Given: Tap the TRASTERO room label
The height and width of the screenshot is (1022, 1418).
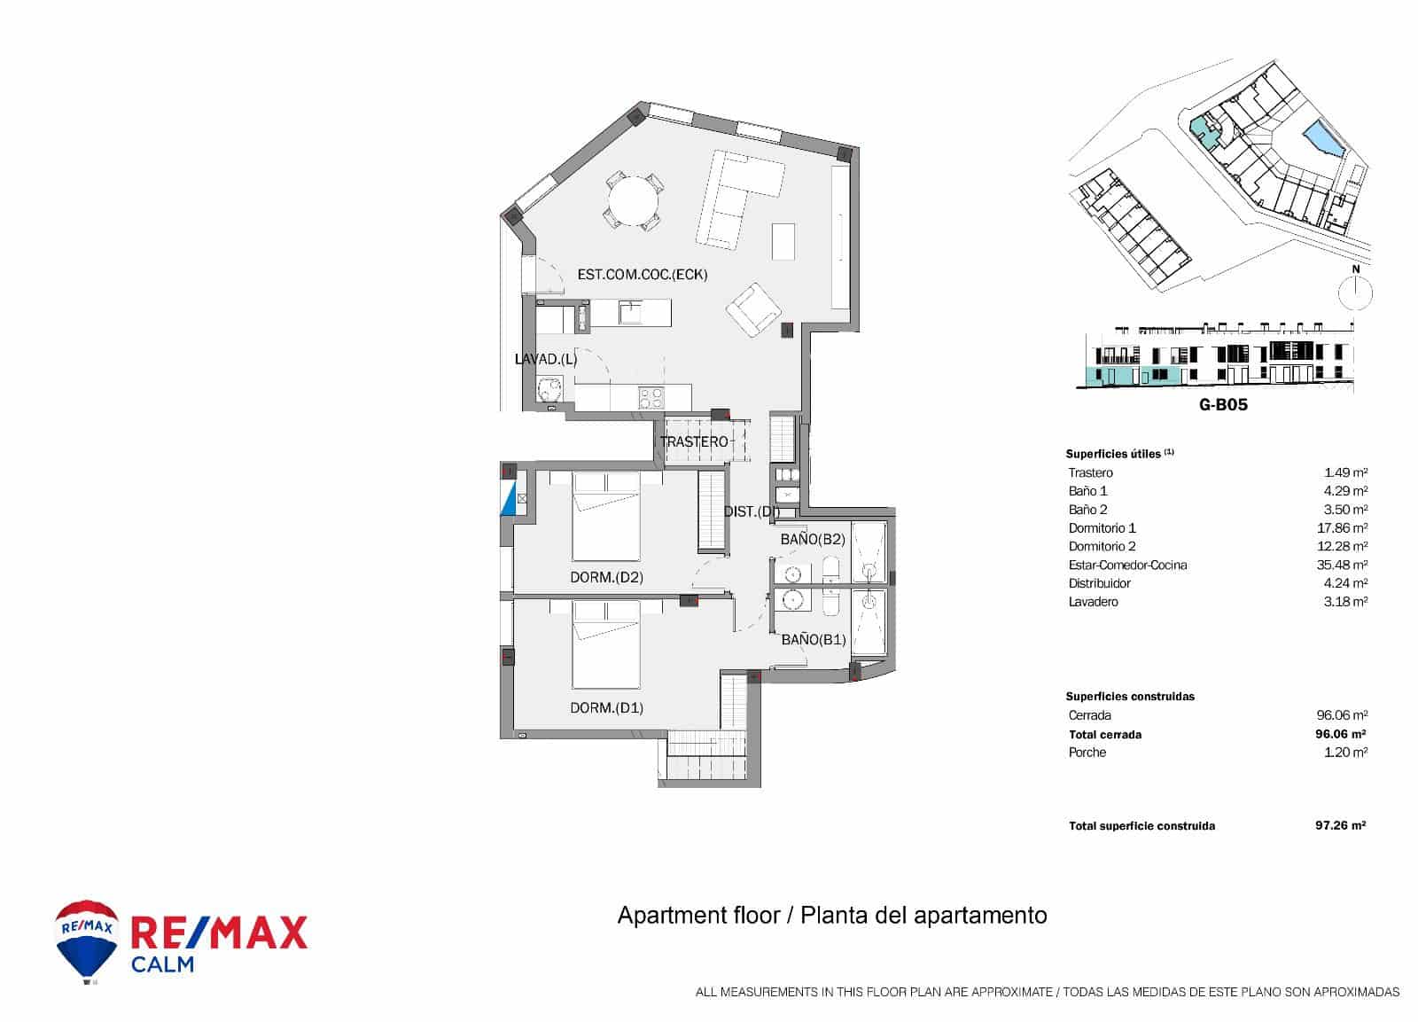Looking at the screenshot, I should [694, 441].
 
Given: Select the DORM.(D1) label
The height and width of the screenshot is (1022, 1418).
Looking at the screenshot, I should [606, 707].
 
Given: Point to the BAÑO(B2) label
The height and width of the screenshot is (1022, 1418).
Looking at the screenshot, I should [813, 539].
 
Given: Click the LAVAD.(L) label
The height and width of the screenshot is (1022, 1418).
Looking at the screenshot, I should [546, 359].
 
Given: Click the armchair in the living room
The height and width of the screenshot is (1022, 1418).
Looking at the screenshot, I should [753, 309].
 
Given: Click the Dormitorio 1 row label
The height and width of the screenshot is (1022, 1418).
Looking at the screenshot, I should [1102, 528].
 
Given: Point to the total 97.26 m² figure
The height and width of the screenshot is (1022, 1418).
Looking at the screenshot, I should [1340, 825].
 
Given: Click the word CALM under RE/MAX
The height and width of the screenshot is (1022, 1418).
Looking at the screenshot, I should [162, 964].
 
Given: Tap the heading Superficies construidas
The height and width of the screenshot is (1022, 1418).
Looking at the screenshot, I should [1130, 697].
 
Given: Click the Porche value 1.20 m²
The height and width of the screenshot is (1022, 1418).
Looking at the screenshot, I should [1345, 753].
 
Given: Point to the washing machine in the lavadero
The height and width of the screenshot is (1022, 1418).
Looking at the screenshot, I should [550, 389].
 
